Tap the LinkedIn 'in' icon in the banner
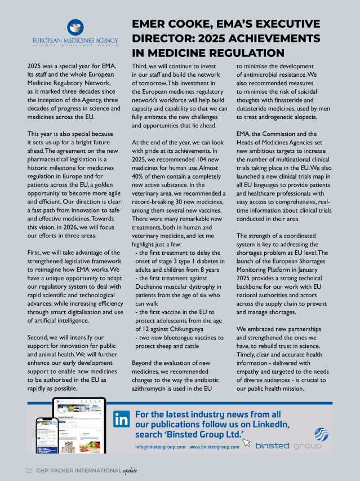[122, 420]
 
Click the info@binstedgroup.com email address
[160, 447]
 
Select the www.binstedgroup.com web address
[215, 447]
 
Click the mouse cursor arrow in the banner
[246, 442]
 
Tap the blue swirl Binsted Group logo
[321, 434]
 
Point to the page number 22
[28, 470]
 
